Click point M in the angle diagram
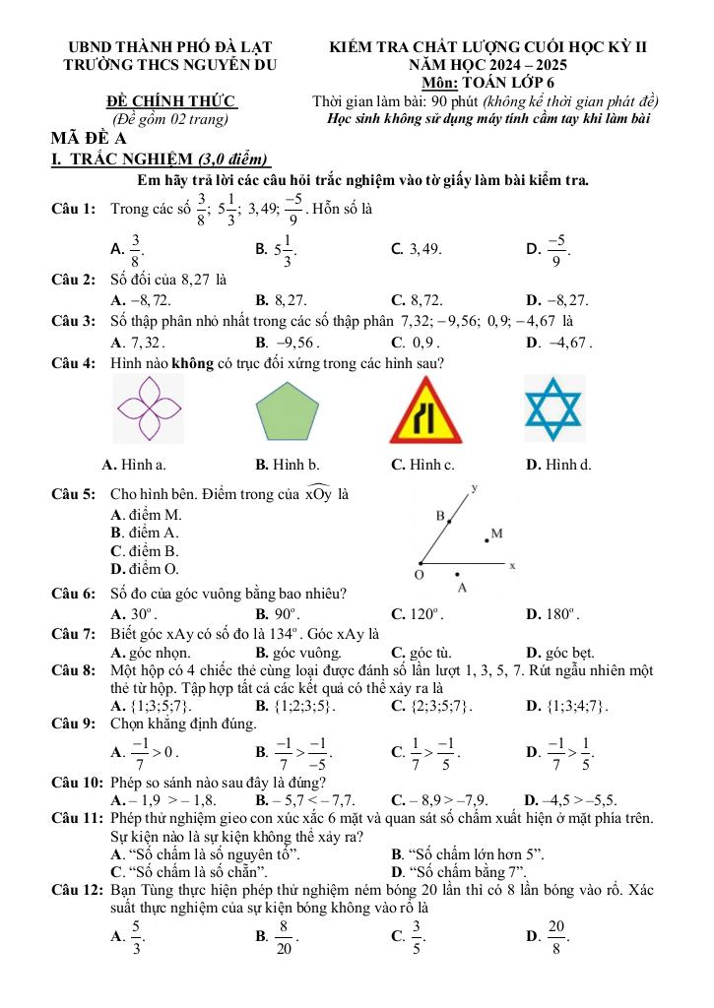(x=486, y=538)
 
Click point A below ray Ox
(x=457, y=572)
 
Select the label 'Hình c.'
(x=422, y=464)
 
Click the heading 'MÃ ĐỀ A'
(x=87, y=139)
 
